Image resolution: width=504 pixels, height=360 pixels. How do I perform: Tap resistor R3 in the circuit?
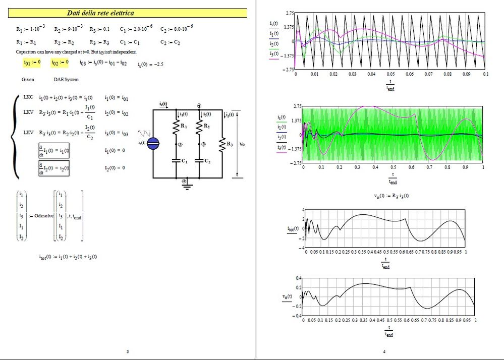(x=222, y=146)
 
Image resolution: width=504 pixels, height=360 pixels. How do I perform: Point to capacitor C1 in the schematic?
(x=177, y=161)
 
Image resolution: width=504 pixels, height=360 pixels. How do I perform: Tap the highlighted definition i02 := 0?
(x=60, y=63)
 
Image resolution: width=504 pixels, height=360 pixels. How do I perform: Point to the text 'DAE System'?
(x=66, y=80)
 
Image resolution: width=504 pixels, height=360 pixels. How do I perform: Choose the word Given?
(x=28, y=80)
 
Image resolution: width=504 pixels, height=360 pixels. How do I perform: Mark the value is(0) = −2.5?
(x=152, y=65)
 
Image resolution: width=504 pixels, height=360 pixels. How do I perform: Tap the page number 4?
(x=384, y=351)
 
